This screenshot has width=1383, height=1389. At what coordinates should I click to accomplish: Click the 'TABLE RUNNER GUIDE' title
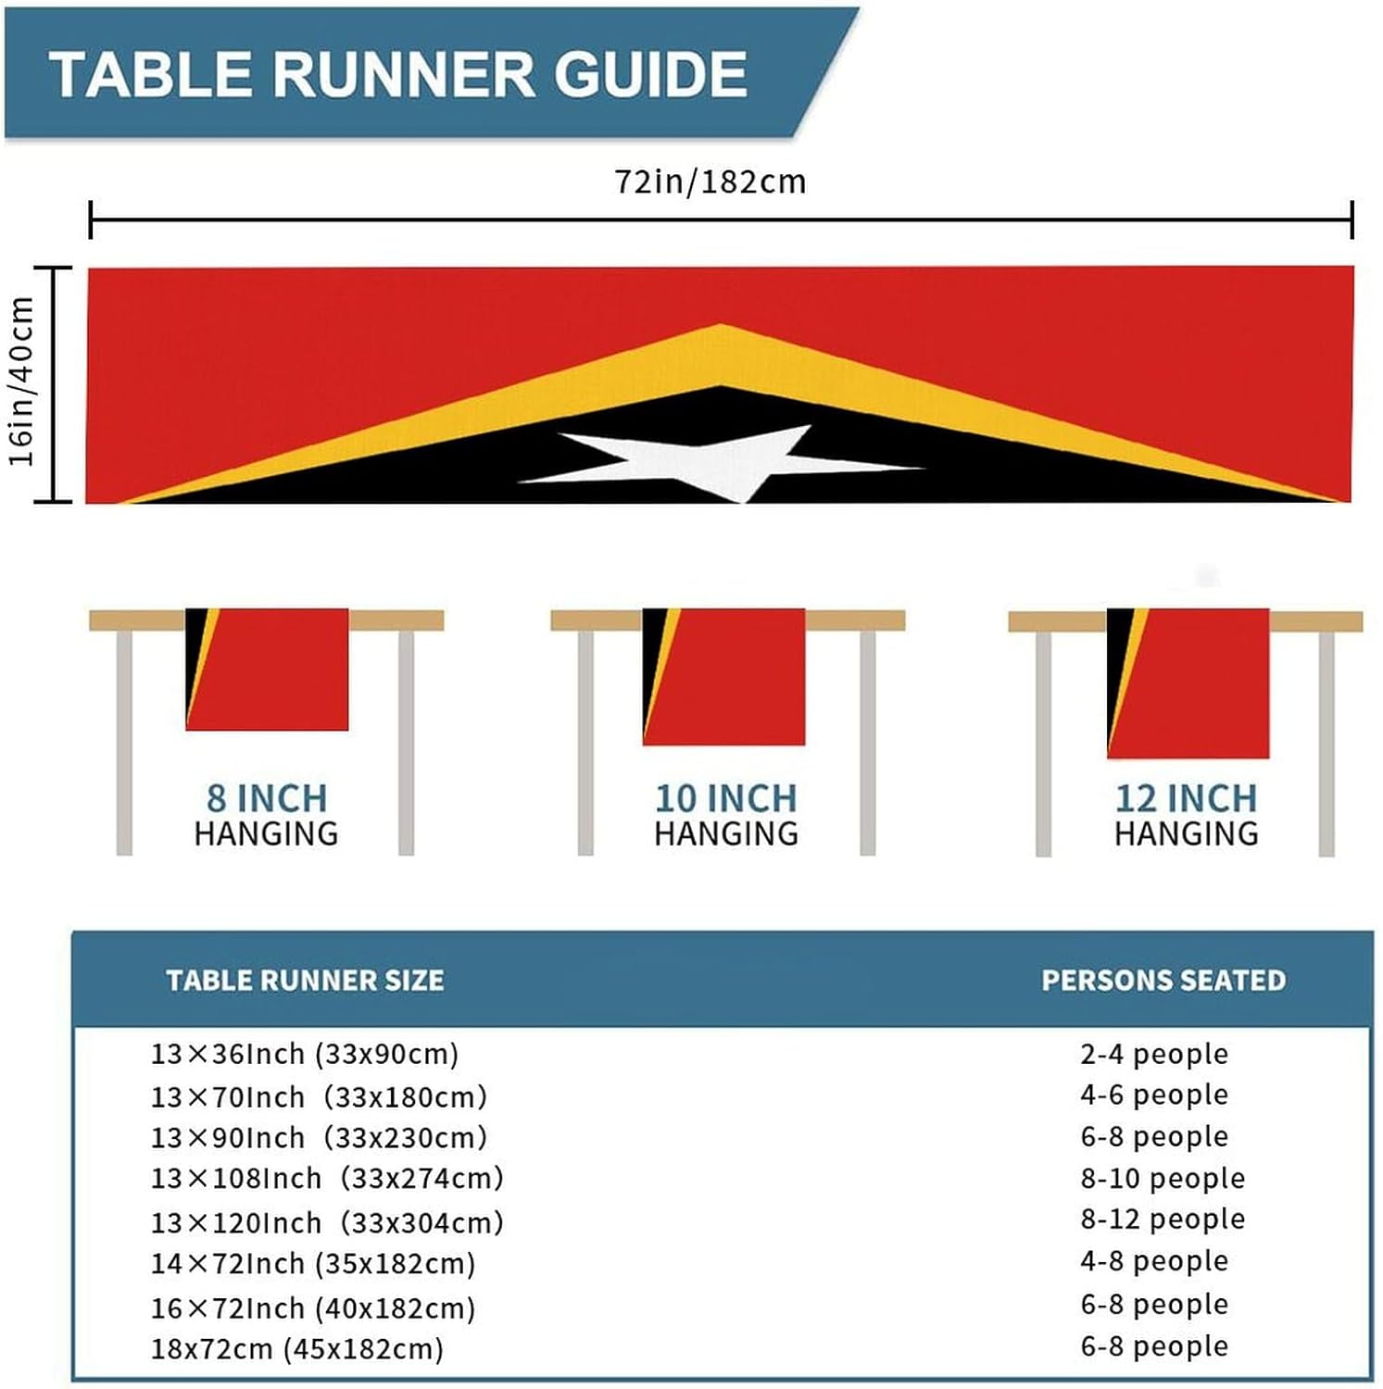pos(398,74)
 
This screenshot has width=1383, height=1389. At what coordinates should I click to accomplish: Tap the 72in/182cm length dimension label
pos(710,181)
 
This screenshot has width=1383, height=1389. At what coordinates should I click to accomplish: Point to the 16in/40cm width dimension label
pos(22,382)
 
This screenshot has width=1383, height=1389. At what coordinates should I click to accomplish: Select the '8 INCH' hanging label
pos(267,798)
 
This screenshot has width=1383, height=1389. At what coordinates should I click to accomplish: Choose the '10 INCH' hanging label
pos(725,798)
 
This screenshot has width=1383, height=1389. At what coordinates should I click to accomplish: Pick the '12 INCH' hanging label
pos(1186,798)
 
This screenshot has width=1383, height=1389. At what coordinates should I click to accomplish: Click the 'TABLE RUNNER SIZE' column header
pos(305,980)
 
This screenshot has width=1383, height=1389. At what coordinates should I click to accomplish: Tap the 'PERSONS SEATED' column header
pos(1163,980)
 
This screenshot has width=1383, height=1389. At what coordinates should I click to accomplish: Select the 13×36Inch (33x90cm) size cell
pos(305,1054)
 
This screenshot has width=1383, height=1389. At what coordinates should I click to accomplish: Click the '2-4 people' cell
pos(1154,1054)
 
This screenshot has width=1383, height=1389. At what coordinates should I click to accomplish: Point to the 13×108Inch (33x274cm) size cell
pos(327,1178)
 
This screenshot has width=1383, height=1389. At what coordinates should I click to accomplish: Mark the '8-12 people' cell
pos(1163,1219)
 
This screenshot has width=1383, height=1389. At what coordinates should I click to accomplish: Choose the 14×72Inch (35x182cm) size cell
pos(313,1263)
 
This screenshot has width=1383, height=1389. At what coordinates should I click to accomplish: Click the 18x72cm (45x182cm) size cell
pos(297,1348)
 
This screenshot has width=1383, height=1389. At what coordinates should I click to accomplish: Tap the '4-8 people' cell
pos(1154,1260)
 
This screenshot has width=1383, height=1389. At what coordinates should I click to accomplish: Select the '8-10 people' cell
pos(1163,1178)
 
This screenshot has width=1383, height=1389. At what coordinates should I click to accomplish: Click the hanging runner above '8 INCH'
pos(267,669)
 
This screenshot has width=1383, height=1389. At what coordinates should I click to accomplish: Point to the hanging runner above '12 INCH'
pos(1188,682)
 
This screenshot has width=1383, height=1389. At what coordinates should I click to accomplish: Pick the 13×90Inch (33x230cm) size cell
pos(319,1137)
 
